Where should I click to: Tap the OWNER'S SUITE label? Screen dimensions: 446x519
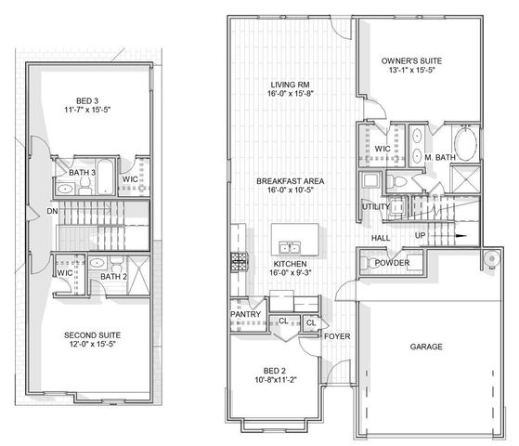coord(411,61)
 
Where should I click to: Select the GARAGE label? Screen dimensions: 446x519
coord(426,347)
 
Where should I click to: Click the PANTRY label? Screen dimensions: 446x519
coord(245,314)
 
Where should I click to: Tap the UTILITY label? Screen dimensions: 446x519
coord(375,206)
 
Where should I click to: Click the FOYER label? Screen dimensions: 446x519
coord(336,335)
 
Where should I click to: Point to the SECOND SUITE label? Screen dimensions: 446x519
coord(92,334)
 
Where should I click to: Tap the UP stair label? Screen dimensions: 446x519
coord(421,235)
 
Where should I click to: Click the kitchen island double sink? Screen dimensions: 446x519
coord(289,247)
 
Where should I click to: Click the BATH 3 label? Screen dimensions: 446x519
coord(83,172)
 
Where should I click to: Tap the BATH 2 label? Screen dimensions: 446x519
coord(113,276)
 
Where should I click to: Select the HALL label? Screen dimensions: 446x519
coord(381,238)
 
